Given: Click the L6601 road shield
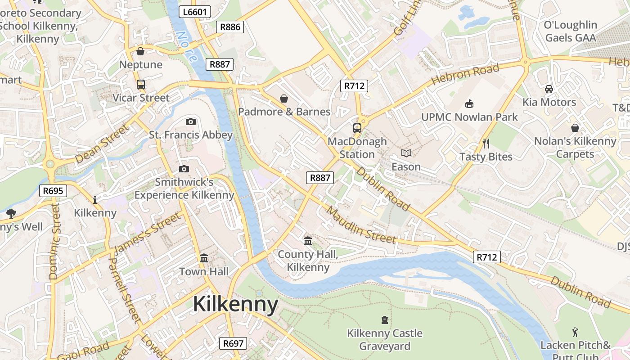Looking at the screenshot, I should point(195,12).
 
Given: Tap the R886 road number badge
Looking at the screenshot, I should point(229,27).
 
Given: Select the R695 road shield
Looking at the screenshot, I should point(53,191).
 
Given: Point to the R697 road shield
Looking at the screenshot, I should point(233,344).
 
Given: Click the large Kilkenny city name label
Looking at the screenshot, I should point(235,304).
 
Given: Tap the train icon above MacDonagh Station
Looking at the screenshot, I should point(357,128).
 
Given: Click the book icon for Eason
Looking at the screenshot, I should point(406,153).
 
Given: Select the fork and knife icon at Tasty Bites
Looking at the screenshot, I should point(486,144).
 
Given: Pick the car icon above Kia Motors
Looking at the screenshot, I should point(549,89).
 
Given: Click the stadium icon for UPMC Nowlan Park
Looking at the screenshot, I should point(469,104).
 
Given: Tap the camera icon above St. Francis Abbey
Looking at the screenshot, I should point(191,121).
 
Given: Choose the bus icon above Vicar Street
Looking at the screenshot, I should point(141,85).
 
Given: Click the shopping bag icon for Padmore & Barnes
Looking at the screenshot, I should point(284,99).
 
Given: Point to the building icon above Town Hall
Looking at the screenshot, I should point(204,258).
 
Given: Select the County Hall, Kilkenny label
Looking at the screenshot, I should point(308,261).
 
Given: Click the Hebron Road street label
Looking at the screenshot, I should point(465,75).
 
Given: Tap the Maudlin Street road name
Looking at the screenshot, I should point(361,225).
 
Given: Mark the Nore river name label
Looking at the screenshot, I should point(186,46).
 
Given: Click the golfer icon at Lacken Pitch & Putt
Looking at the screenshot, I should point(575,332).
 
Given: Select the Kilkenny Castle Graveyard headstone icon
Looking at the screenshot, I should point(384,320).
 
